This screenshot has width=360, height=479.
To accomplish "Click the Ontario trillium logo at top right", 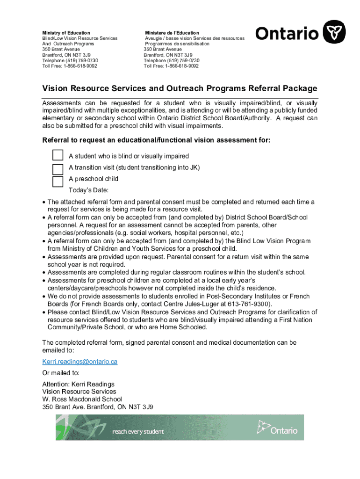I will point(335,32).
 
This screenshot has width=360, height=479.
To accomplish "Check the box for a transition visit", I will point(58,168).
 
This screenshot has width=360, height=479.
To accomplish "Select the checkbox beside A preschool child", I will point(58,181).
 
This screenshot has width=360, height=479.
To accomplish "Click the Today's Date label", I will point(88,190).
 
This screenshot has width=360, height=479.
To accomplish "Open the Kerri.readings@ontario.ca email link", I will point(79,362).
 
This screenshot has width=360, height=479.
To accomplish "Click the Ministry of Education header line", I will point(66,33).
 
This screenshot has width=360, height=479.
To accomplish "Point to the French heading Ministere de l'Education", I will point(172,33).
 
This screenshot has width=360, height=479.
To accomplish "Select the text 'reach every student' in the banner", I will point(138,431).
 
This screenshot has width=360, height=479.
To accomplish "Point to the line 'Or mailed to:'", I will point(61,373).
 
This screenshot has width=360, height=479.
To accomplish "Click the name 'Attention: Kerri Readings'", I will point(78,384).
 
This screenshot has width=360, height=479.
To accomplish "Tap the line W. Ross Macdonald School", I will point(82,399).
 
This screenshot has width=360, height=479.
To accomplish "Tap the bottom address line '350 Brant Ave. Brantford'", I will point(97,406).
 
